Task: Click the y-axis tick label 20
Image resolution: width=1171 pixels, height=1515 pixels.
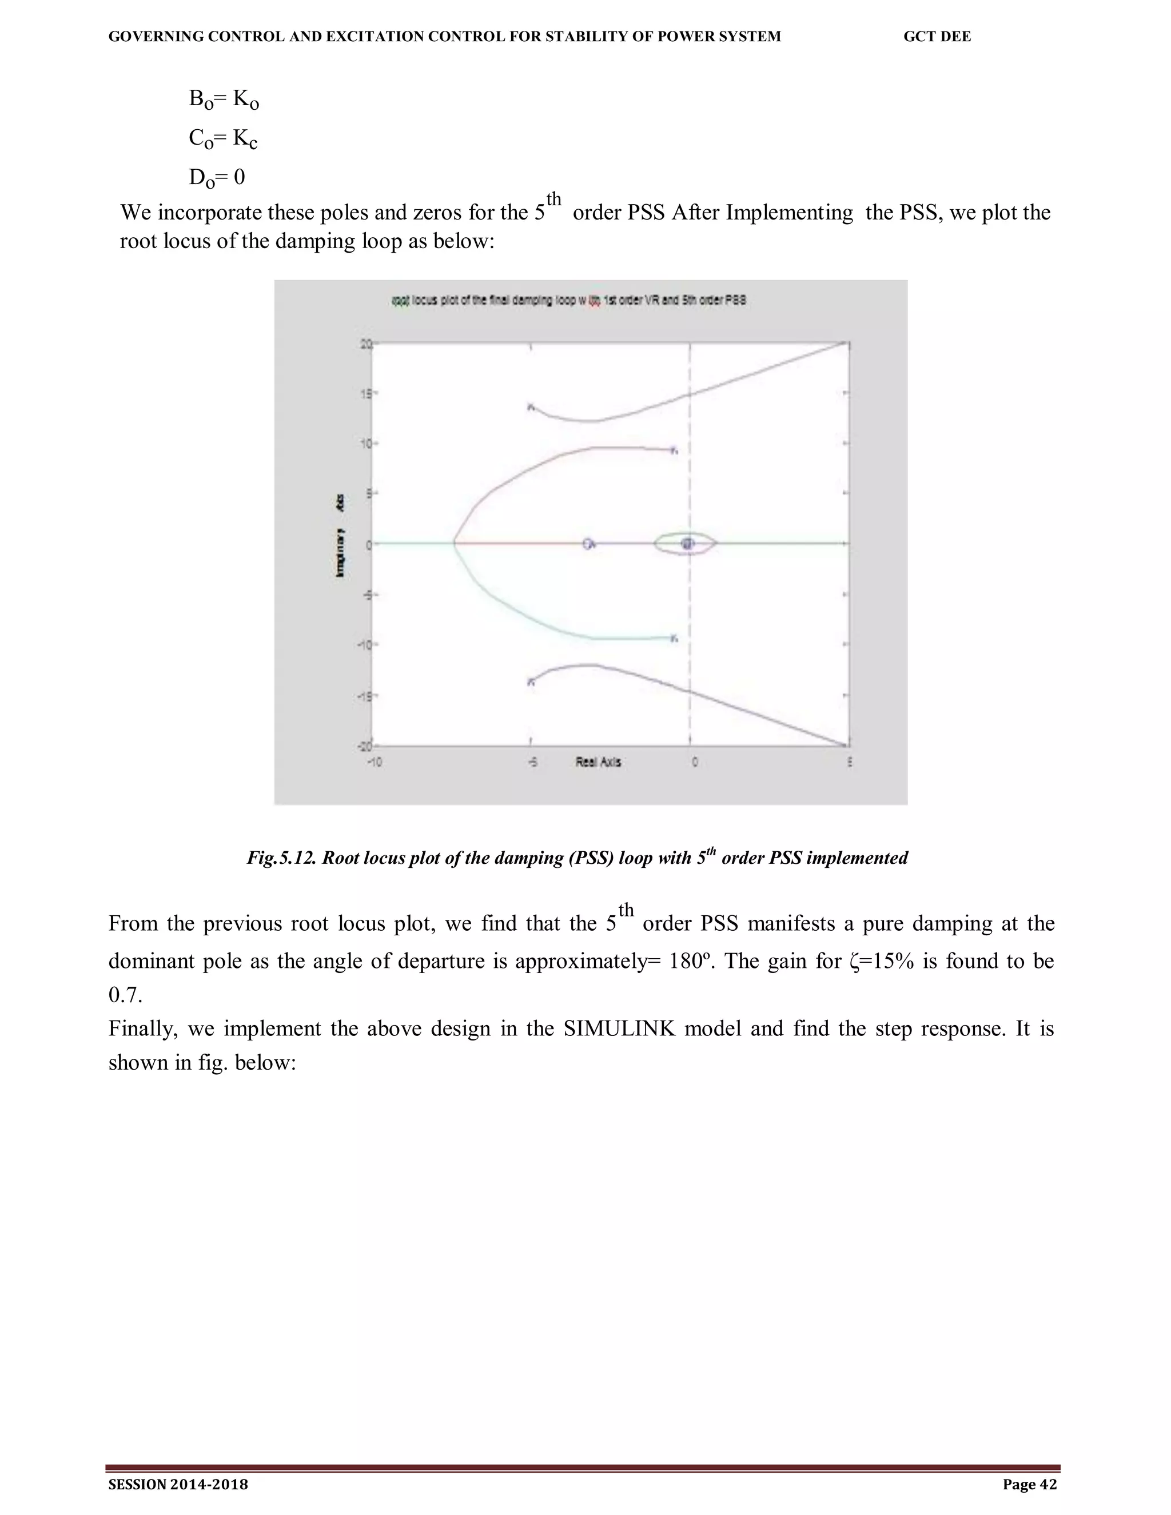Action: click(x=365, y=344)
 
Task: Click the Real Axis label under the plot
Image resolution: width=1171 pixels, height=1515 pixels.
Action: click(x=598, y=762)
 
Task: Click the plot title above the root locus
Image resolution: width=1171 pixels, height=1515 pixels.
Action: click(x=569, y=300)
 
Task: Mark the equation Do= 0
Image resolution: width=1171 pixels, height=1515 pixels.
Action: click(x=217, y=178)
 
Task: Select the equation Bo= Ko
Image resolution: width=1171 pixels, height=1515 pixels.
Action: click(x=224, y=100)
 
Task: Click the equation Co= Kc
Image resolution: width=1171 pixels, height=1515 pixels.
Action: click(x=222, y=139)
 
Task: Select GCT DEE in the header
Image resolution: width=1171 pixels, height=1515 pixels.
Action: click(x=937, y=37)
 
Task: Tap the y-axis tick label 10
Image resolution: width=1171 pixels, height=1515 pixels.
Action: click(x=365, y=443)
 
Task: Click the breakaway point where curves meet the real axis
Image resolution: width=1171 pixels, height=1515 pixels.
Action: click(x=455, y=544)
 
